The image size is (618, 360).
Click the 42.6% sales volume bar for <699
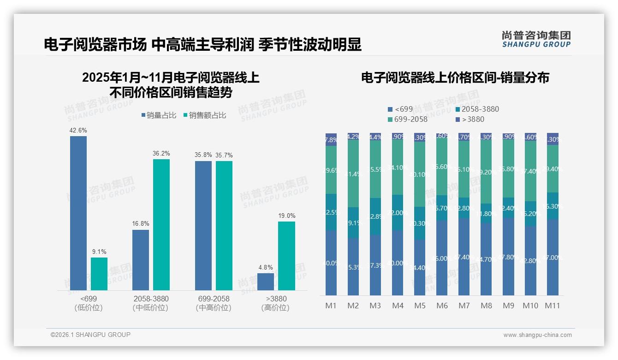[78, 213]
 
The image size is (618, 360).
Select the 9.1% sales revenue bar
[99, 274]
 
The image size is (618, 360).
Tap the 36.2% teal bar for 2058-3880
[161, 224]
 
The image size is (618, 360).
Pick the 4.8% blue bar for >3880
[266, 282]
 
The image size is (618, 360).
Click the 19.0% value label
[287, 216]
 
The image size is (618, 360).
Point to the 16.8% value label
[141, 224]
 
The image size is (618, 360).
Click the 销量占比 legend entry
[159, 115]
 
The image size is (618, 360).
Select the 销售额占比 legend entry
[204, 115]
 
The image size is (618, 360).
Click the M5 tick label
[420, 306]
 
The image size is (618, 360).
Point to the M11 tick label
[553, 306]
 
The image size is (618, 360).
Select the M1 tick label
[331, 306]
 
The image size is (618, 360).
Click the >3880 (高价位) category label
[275, 303]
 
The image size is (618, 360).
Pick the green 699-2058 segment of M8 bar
[486, 171]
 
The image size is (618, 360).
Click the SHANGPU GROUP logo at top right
[536, 39]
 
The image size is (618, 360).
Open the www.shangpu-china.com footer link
[537, 335]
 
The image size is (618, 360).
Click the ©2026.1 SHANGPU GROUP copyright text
[90, 335]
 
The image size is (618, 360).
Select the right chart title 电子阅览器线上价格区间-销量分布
[455, 78]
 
